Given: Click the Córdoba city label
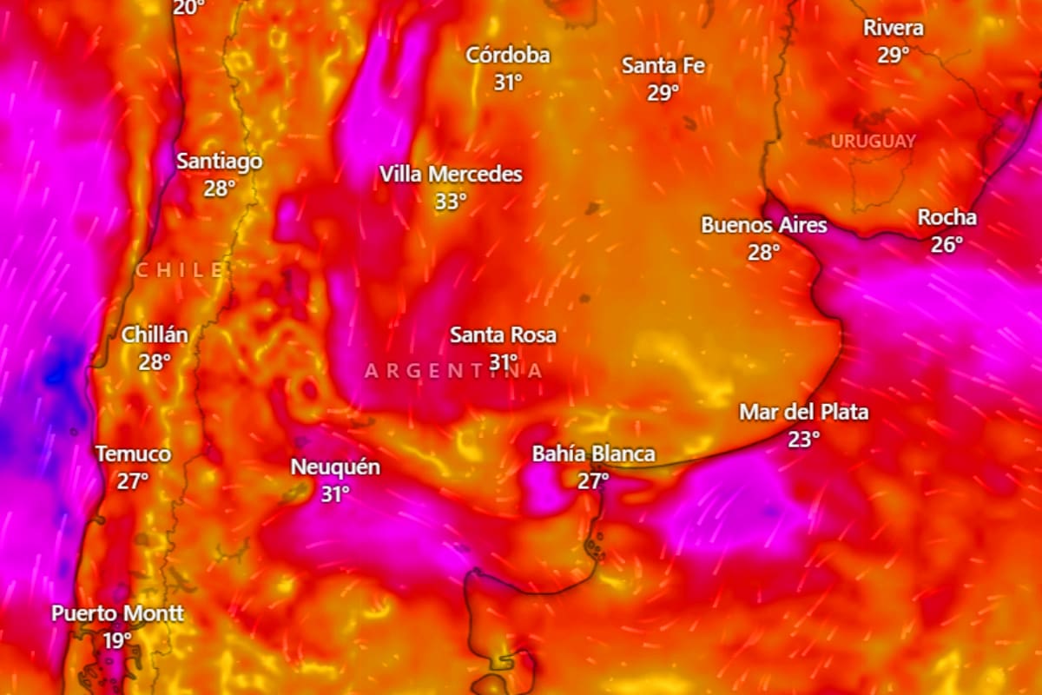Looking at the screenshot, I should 508,56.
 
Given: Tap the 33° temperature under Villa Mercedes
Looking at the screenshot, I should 451,202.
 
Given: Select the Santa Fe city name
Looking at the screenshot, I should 663,66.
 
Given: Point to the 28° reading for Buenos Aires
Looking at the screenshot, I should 764,253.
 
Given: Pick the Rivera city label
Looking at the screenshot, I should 893,29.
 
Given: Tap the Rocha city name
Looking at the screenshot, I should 946,218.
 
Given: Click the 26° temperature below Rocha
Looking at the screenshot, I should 946,245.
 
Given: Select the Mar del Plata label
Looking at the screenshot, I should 803,412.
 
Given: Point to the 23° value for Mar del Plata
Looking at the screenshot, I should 803,440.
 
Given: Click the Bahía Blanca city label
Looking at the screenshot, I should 593,453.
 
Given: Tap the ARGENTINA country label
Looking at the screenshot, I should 453,372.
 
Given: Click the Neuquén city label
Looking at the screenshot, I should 335,467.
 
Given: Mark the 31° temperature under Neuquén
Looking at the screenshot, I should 335,494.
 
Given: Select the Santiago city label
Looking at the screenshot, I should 219,162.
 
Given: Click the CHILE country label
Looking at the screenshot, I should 180,271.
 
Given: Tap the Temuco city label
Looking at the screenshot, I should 133,454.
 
